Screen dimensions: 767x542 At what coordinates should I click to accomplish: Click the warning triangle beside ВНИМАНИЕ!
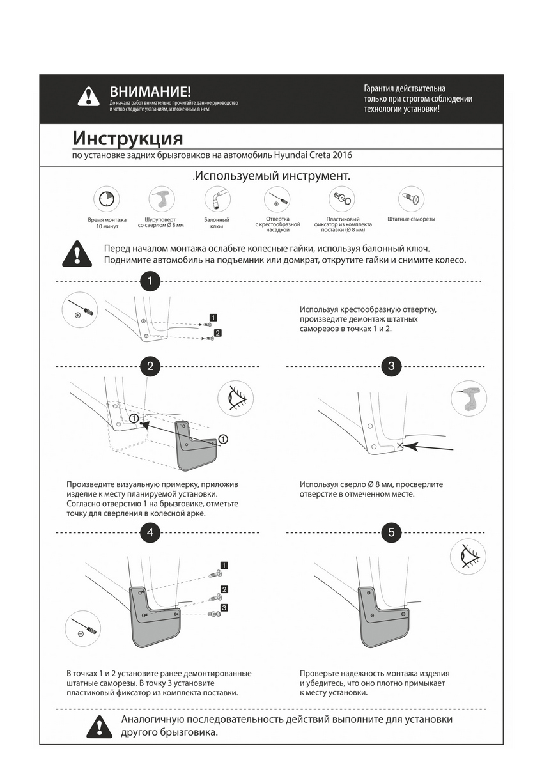88,97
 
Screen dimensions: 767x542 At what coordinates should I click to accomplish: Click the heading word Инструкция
127,138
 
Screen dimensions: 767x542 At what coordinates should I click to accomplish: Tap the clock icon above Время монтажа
107,199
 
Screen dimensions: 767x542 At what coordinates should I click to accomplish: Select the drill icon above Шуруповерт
160,199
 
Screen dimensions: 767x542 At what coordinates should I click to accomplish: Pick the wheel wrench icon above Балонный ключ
217,199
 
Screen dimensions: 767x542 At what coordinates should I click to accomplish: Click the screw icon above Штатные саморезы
410,199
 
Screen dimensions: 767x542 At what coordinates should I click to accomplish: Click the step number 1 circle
150,281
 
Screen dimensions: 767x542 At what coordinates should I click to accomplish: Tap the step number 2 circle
150,366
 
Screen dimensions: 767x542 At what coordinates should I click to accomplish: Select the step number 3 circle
391,366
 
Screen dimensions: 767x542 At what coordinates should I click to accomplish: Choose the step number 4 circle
150,532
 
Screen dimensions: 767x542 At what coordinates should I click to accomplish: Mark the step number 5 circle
391,532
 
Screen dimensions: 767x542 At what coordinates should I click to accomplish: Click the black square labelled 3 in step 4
224,607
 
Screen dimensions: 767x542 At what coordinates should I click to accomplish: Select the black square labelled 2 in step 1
218,333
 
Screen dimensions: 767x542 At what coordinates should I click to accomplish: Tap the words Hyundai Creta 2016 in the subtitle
313,155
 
